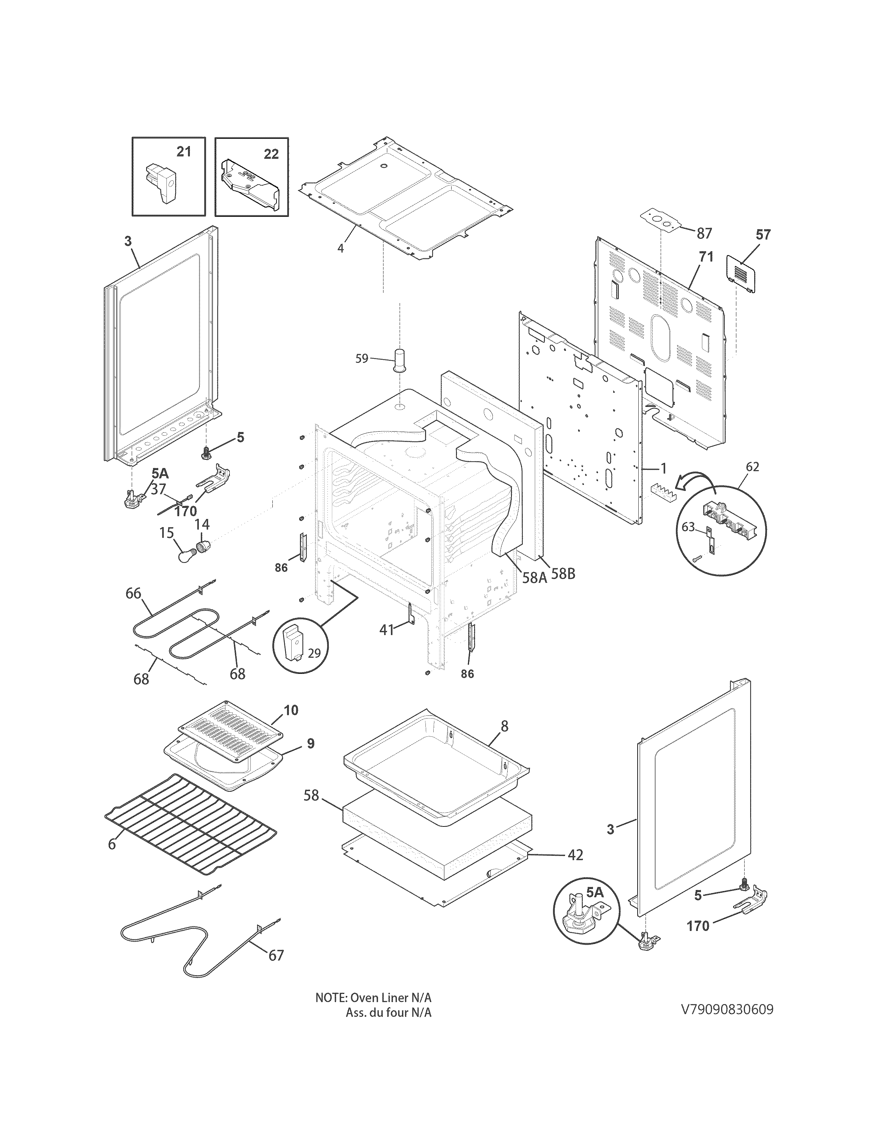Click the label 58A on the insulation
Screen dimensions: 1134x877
tap(534, 577)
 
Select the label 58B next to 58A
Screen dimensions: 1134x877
tap(563, 574)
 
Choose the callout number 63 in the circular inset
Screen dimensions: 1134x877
tap(688, 527)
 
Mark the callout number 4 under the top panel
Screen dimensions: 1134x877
tap(340, 248)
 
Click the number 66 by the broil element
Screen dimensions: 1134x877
tap(133, 593)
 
